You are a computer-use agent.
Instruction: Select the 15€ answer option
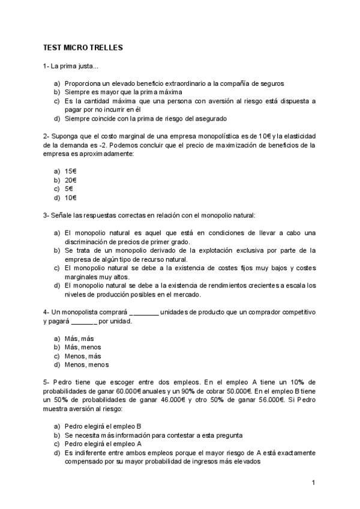(x=70, y=171)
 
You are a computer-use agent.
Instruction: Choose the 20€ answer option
(x=70, y=180)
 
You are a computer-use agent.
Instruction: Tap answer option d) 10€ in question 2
(x=70, y=197)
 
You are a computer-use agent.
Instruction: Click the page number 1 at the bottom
(x=313, y=482)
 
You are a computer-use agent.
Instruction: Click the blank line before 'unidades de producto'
(x=144, y=313)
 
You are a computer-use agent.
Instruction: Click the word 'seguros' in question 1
(x=272, y=83)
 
